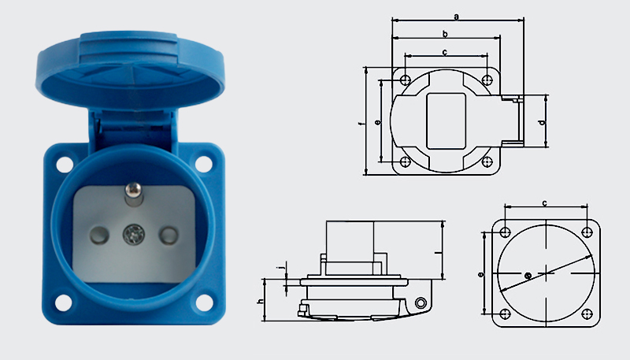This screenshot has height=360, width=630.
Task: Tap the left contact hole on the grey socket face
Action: click(x=99, y=234)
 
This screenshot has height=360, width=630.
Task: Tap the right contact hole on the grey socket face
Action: click(x=167, y=235)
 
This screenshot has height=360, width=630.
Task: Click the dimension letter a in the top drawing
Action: click(x=457, y=14)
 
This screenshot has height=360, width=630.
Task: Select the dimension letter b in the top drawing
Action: click(x=445, y=34)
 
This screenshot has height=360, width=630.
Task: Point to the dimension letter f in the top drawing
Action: click(x=361, y=124)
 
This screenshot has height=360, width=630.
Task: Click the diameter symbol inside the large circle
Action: click(x=527, y=275)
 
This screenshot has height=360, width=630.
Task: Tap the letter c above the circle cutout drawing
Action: click(x=545, y=203)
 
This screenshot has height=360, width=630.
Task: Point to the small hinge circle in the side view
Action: click(x=422, y=303)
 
